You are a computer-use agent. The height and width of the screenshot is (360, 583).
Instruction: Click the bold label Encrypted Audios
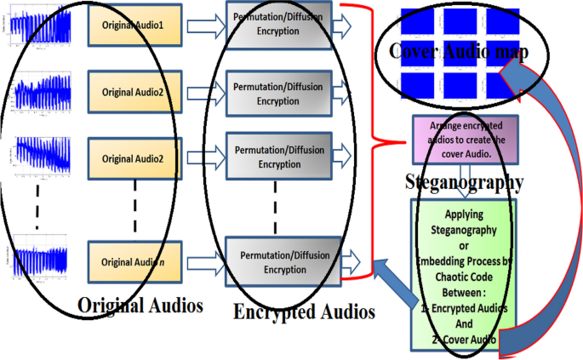tap(304, 312)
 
